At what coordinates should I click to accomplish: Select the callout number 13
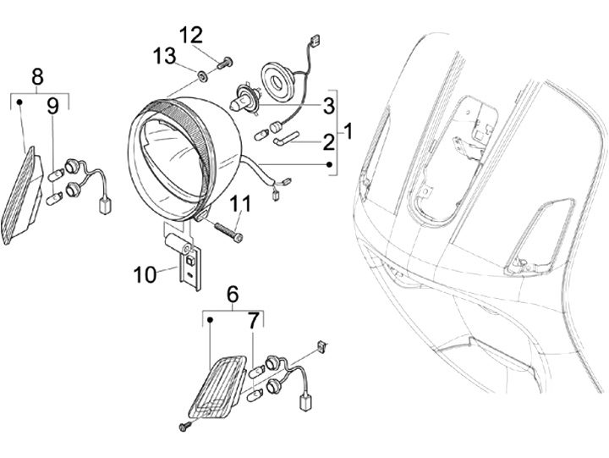163,56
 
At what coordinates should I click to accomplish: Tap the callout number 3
328,106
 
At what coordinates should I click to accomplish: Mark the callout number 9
52,106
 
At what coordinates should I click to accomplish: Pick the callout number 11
240,203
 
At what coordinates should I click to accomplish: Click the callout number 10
145,273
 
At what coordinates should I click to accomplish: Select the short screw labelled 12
224,62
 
